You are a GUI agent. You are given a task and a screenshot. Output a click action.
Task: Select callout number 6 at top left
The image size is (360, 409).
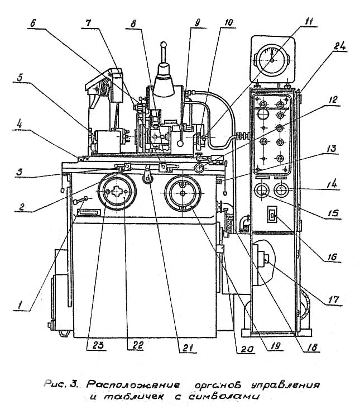(33, 23)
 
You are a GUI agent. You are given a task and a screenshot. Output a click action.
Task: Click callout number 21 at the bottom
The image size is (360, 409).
(188, 348)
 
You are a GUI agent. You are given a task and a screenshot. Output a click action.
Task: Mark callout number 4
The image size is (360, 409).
(19, 125)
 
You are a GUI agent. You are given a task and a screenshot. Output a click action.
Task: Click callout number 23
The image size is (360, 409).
(98, 345)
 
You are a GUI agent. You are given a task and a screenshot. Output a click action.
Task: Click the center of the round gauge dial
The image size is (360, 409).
(272, 60)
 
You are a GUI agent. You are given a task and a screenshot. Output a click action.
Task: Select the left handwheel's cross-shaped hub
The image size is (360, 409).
(117, 192)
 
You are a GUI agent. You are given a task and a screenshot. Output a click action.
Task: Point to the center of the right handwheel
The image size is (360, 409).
(183, 193)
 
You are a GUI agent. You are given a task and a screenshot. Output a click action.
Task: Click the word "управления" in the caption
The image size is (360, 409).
(285, 385)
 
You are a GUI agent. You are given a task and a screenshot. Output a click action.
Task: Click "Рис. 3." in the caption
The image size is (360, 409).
(60, 384)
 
